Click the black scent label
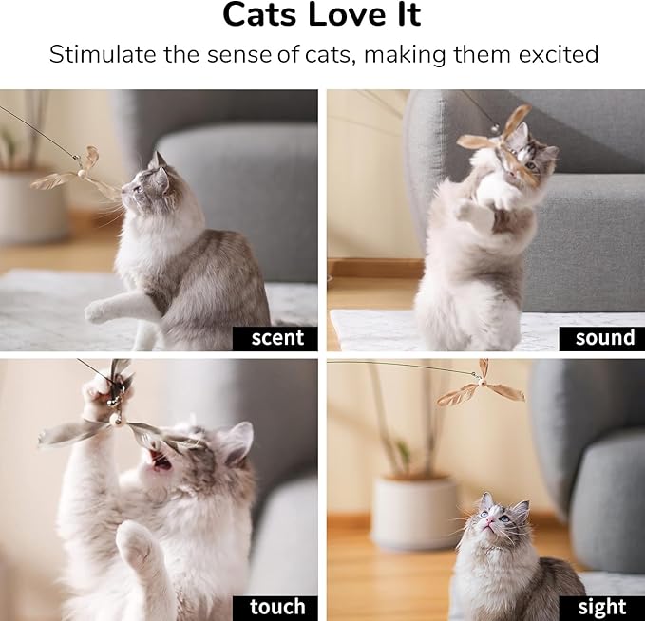pyautogui.click(x=276, y=337)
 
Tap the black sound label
pyautogui.click(x=603, y=337)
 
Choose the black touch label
pyautogui.click(x=276, y=607)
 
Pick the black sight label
pyautogui.click(x=601, y=607)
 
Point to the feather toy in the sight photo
pyautogui.click(x=481, y=383)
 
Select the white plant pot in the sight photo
pyautogui.click(x=413, y=512)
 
